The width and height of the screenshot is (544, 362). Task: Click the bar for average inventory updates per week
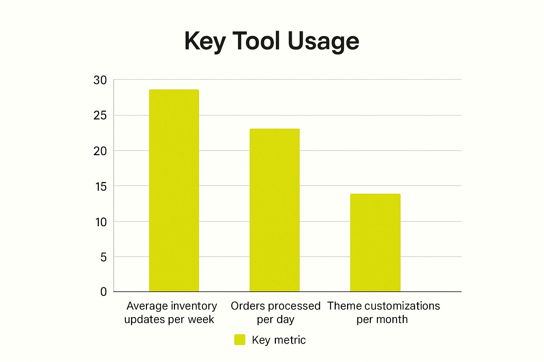point(174,191)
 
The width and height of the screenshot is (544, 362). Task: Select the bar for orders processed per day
point(274,210)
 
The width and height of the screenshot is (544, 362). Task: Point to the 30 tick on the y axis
point(100,80)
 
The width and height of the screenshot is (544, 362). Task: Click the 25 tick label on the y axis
point(100,116)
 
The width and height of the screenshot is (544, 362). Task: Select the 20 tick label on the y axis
point(100,151)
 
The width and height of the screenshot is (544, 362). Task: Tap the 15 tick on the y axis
point(101,186)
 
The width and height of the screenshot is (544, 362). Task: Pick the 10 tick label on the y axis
point(101,222)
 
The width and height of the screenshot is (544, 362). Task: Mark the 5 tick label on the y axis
point(103,257)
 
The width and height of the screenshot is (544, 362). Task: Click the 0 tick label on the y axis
point(103,292)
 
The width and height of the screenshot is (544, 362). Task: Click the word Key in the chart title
point(205,41)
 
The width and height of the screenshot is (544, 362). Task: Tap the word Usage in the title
point(323,41)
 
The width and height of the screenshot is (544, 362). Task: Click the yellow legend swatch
point(240,340)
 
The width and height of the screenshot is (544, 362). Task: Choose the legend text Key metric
point(279,340)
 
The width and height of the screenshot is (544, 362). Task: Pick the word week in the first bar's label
point(201,320)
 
